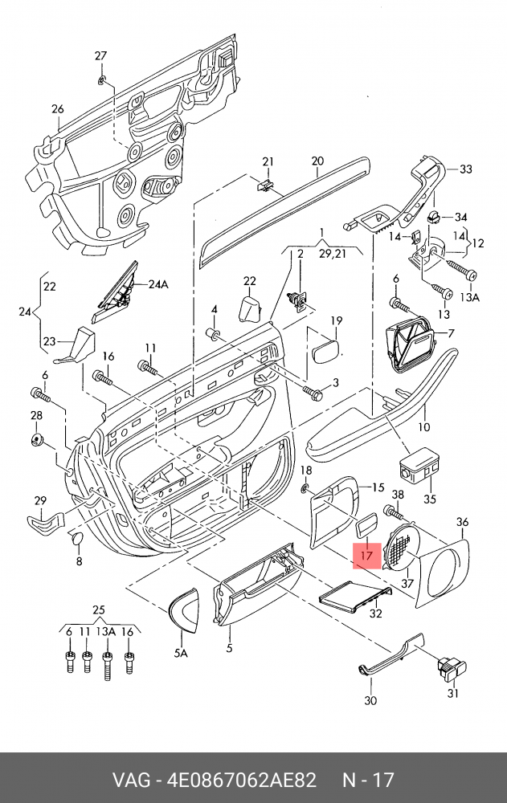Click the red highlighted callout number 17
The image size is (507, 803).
(366, 554)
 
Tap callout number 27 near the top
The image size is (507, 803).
(100, 55)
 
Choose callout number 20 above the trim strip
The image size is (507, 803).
(317, 161)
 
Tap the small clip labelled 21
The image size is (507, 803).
(265, 185)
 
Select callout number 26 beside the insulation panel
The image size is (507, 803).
(57, 109)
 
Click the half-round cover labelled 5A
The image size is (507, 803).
(184, 609)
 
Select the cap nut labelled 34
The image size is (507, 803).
(432, 217)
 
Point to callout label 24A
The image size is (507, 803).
(158, 284)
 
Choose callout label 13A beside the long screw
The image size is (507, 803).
(468, 296)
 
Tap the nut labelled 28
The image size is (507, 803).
(37, 438)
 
